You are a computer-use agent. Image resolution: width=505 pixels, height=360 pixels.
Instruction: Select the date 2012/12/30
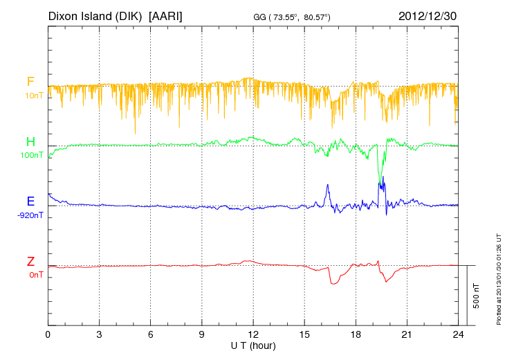428,15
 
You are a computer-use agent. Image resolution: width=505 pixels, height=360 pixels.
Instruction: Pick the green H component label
30,143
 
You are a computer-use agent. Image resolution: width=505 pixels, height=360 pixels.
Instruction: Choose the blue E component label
30,202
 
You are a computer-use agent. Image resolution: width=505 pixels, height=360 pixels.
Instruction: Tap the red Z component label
30,262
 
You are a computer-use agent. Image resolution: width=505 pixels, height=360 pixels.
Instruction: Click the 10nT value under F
33,95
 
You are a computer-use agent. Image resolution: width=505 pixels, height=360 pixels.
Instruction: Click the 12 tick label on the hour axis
253,334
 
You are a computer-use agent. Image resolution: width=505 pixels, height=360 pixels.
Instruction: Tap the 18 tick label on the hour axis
356,334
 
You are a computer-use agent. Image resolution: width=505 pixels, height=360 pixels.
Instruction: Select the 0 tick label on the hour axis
48,334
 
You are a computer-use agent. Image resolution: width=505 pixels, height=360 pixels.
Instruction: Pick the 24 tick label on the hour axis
458,334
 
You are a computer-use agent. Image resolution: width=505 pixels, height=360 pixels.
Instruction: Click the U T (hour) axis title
253,345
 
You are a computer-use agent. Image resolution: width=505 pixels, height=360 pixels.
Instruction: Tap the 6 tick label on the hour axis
151,334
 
